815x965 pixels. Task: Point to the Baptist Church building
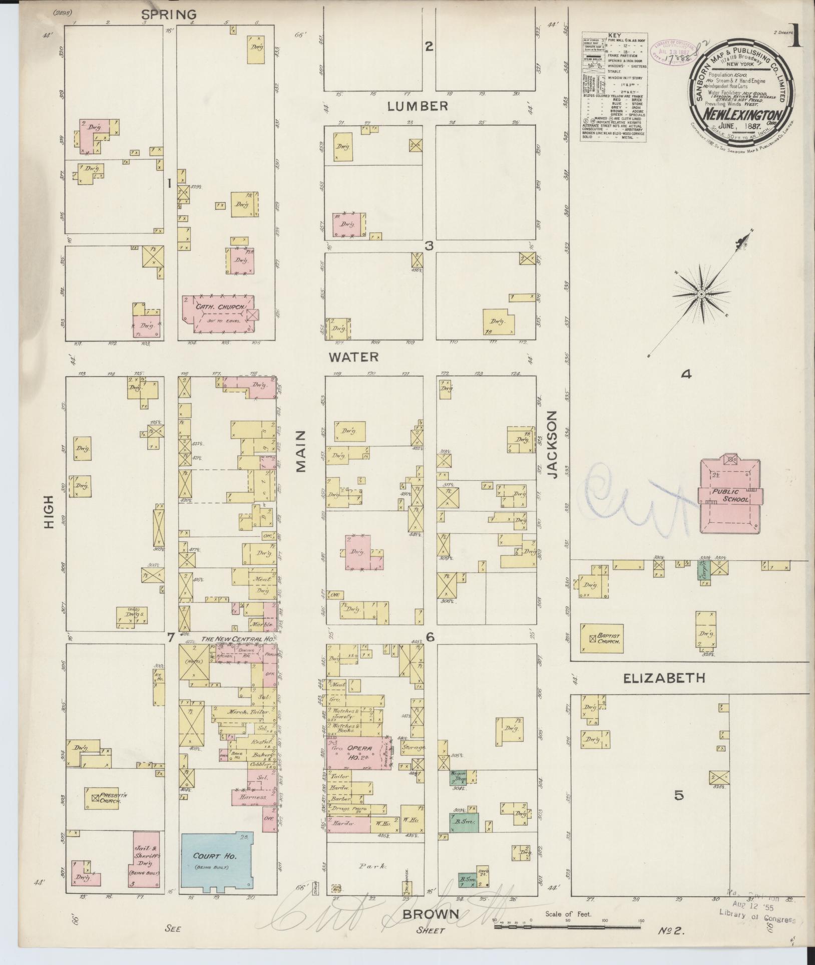point(601,637)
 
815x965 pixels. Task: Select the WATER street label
point(353,357)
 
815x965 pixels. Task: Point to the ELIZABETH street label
point(664,678)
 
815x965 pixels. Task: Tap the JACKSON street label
point(552,445)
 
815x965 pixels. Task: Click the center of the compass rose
point(701,294)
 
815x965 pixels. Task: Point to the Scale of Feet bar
point(568,927)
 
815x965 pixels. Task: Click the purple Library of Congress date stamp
point(671,52)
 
